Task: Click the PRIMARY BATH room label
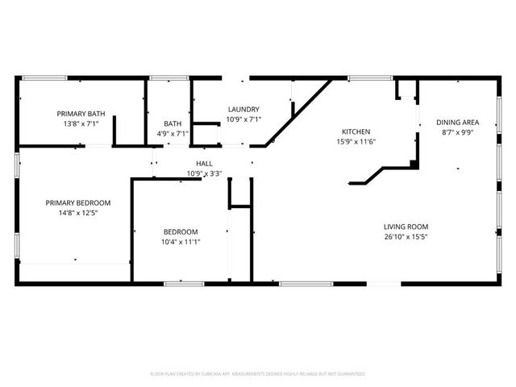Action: coord(80,114)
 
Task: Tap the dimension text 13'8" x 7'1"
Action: coord(80,124)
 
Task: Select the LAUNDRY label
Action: coord(243,109)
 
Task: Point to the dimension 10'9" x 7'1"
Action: coord(243,119)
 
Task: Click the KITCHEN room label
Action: coord(356,131)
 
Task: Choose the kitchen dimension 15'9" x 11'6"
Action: coord(356,142)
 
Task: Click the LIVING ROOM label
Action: coord(406,227)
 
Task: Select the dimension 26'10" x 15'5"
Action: coord(406,237)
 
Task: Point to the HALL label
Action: coord(204,163)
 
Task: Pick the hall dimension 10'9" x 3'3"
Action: coord(204,173)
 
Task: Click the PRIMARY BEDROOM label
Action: coord(78,202)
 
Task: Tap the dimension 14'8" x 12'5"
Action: coord(78,213)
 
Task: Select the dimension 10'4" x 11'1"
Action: coord(181,242)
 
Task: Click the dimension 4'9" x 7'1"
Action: coord(171,134)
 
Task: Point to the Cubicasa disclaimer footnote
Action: coord(258,374)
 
